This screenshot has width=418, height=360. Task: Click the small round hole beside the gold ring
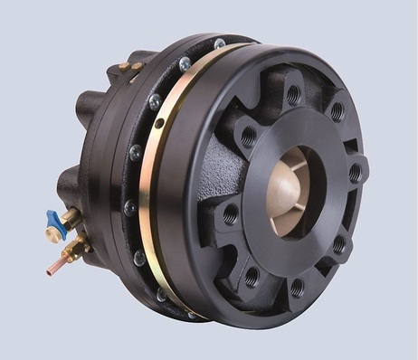coord(159,122)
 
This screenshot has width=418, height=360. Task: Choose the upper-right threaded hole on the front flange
coord(337,112)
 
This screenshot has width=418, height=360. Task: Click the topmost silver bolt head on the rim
coord(220,43)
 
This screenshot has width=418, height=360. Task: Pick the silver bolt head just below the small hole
coord(136,154)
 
